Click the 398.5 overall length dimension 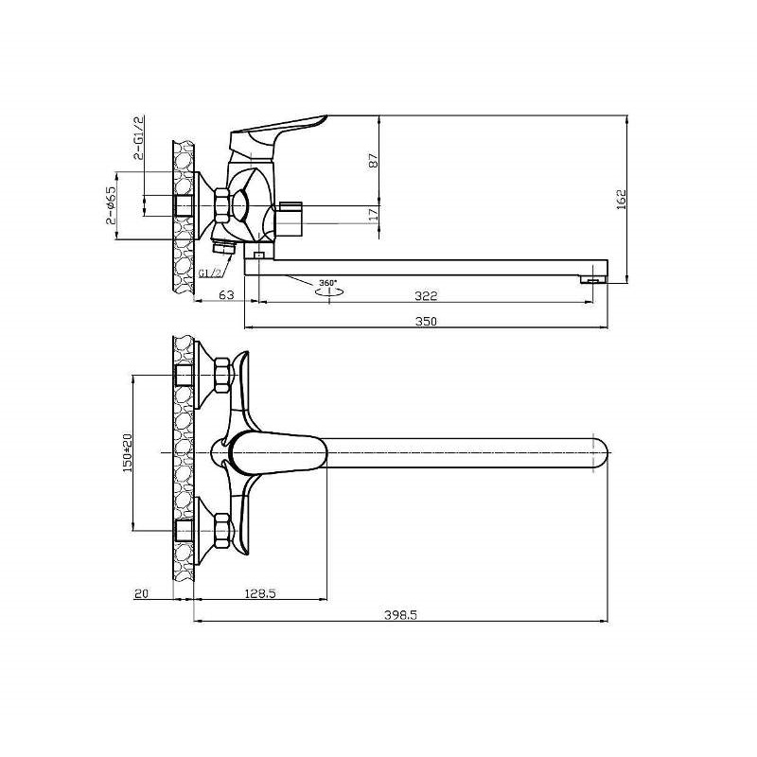click(x=400, y=615)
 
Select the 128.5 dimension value click(x=259, y=593)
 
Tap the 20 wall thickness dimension click(x=141, y=593)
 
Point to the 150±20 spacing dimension click(x=128, y=453)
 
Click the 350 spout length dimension click(x=426, y=321)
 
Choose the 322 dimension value click(x=426, y=295)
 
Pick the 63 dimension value click(x=226, y=294)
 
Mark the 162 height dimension click(x=622, y=199)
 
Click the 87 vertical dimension click(x=374, y=160)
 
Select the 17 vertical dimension click(x=374, y=215)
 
